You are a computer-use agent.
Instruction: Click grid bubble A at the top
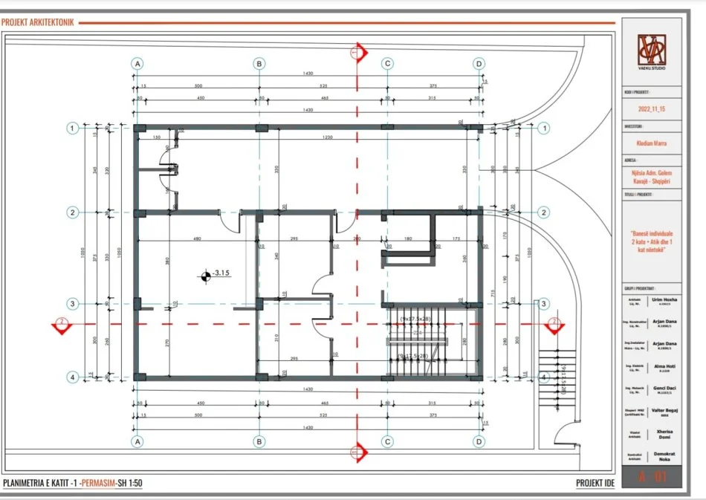click(x=137, y=64)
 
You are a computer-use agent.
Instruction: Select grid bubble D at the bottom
click(x=479, y=441)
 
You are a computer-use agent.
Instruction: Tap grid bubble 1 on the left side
click(x=73, y=128)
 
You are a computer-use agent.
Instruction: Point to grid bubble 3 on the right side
click(x=544, y=304)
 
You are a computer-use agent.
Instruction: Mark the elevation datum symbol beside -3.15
click(x=204, y=277)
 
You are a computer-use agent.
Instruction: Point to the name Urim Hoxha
click(x=664, y=300)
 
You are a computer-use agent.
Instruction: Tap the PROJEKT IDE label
click(x=595, y=484)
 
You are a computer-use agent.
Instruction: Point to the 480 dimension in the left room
click(x=198, y=239)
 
